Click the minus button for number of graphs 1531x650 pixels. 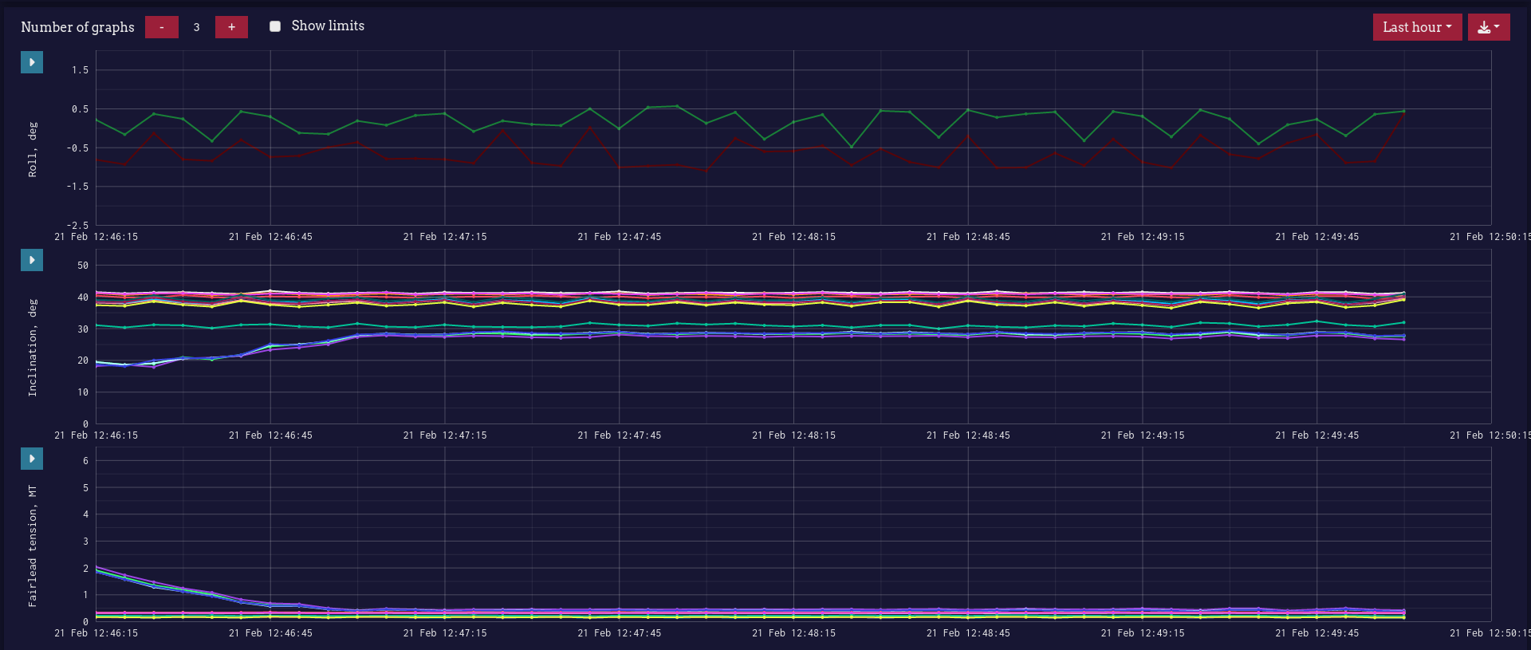click(x=161, y=27)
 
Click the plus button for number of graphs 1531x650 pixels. click(x=231, y=27)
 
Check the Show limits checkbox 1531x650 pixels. click(x=275, y=26)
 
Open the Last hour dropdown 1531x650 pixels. click(x=1416, y=27)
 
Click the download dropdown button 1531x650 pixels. click(x=1488, y=27)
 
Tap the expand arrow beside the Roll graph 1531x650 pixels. click(x=32, y=62)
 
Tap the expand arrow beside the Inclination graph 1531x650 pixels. click(x=32, y=260)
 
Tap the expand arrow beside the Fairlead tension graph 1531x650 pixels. click(x=32, y=459)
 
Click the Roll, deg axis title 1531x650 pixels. click(x=33, y=149)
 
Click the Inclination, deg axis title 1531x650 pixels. click(x=33, y=348)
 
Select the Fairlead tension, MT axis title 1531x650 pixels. click(x=33, y=546)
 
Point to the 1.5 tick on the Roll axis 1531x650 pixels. click(x=80, y=70)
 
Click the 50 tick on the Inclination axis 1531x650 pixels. click(x=83, y=266)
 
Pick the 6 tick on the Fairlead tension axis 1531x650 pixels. click(x=85, y=461)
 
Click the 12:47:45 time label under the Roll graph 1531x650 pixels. click(x=619, y=237)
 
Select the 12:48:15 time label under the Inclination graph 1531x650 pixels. click(x=793, y=435)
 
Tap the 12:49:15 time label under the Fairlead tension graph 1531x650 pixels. click(x=1142, y=633)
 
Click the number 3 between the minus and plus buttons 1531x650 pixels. click(x=196, y=27)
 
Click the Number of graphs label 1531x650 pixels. click(x=77, y=27)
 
